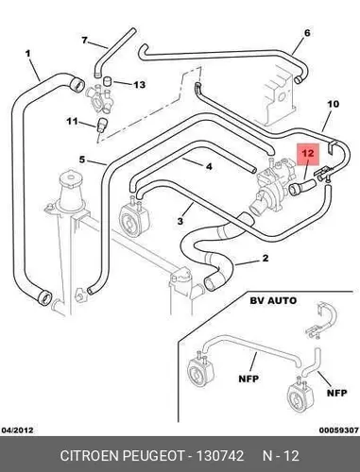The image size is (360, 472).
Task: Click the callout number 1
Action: click(28, 54)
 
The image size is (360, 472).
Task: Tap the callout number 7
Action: click(84, 40)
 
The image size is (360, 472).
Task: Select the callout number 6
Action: click(307, 33)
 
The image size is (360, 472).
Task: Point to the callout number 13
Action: click(140, 84)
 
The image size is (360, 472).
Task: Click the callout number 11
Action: click(72, 121)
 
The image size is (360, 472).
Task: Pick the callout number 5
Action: click(82, 160)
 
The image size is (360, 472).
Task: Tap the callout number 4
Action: click(209, 166)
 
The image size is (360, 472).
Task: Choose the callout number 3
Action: click(180, 221)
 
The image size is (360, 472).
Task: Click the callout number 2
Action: click(266, 258)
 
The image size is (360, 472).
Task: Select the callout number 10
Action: click(334, 104)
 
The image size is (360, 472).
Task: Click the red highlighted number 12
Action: click(308, 153)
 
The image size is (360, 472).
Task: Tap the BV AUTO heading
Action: click(273, 300)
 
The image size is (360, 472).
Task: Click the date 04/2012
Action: click(18, 430)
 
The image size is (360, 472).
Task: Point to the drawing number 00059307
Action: click(339, 430)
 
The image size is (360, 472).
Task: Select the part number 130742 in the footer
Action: click(220, 456)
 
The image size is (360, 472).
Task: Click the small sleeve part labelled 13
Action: click(109, 81)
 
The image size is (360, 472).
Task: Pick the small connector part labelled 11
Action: click(101, 125)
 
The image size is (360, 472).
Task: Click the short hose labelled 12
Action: click(302, 185)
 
